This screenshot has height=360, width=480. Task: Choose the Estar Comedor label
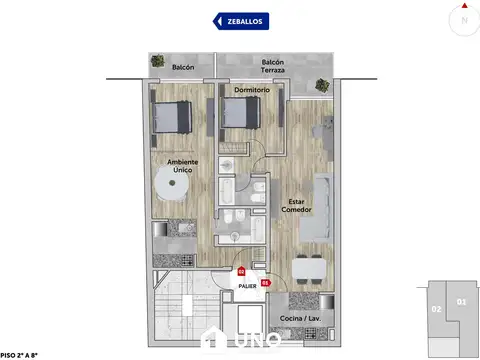coord(295,205)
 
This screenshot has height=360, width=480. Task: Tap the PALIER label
coord(248,285)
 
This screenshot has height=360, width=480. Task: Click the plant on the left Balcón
coord(157,62)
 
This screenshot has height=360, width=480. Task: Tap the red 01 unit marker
coord(265,282)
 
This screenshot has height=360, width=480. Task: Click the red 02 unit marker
coord(241,271)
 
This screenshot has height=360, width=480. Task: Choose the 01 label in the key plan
coord(460,301)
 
